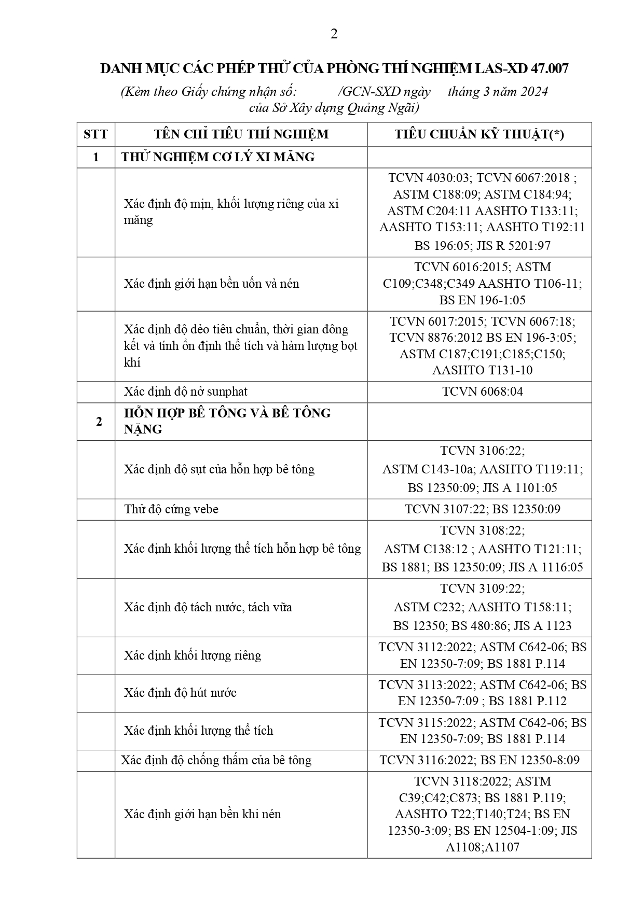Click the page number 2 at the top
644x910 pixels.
334,34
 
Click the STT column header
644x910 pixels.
95,134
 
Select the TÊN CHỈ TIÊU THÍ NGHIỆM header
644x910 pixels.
241,134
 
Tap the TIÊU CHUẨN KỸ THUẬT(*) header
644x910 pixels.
479,134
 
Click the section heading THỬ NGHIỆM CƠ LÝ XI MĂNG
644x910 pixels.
218,157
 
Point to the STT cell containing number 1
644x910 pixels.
95,157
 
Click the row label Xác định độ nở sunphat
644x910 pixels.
185,391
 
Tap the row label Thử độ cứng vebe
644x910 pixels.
171,509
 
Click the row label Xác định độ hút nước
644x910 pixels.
180,693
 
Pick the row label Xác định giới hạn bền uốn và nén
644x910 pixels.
211,284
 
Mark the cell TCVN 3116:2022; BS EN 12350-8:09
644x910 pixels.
479,760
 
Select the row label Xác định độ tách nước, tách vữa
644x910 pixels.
208,607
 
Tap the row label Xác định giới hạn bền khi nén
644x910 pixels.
202,814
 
